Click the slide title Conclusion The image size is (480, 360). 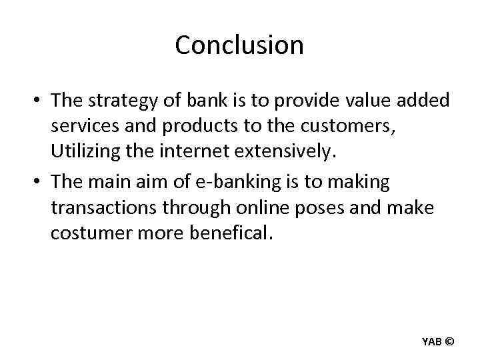(239, 45)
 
